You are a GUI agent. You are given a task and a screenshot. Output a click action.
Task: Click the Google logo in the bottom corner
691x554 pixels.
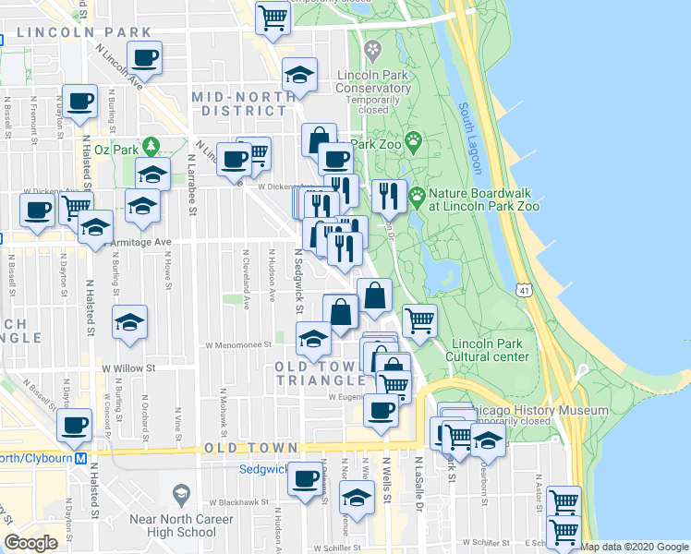tap(30, 543)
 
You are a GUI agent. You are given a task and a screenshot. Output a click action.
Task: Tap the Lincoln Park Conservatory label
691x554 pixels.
tap(374, 80)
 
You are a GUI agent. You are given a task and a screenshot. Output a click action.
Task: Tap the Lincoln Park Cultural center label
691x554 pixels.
tap(489, 350)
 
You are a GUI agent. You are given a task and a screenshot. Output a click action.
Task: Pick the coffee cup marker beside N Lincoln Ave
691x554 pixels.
tap(143, 59)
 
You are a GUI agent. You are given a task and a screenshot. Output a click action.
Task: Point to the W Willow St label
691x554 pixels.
tap(128, 367)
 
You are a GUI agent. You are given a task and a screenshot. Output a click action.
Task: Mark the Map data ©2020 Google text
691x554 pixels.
tap(635, 547)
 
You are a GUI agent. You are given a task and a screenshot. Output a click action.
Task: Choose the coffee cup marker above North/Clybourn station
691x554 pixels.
tap(75, 426)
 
